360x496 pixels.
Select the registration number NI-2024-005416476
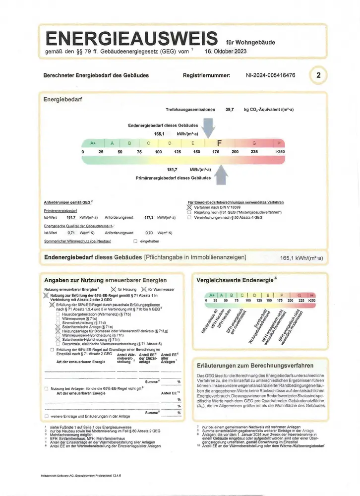270,75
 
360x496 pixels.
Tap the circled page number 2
318,76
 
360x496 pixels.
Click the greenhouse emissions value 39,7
230,109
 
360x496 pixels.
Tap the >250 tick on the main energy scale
280,151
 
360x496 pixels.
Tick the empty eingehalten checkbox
135,241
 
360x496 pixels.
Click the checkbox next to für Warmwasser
144,289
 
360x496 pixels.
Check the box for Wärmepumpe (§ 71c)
59,318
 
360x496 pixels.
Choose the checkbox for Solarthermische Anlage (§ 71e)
59,327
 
